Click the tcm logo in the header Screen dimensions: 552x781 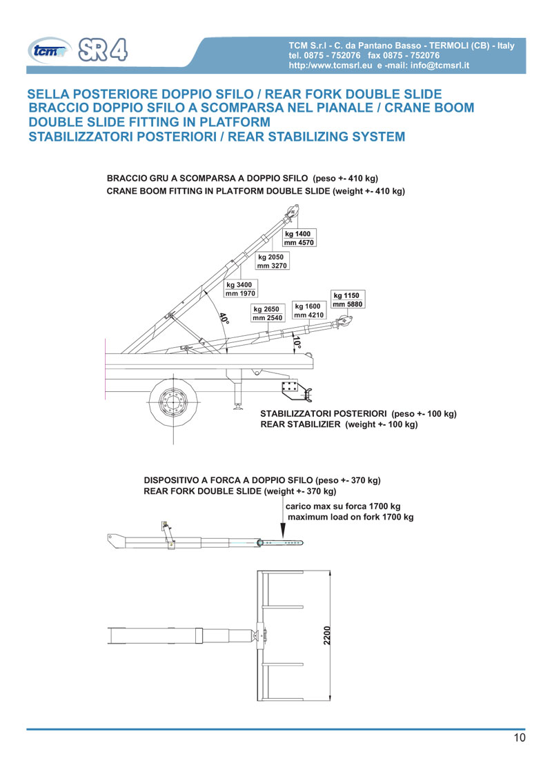[x=48, y=51]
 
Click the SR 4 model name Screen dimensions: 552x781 [x=103, y=50]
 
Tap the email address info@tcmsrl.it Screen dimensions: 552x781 [x=440, y=66]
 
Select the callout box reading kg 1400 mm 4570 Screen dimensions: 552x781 [x=299, y=237]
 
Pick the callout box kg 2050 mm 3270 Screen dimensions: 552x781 [x=272, y=261]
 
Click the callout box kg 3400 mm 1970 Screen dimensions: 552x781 [x=241, y=289]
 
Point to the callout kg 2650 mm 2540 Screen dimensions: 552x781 [x=268, y=313]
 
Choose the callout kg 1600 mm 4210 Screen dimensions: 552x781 [x=309, y=310]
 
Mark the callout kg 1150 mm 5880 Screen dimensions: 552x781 [x=348, y=299]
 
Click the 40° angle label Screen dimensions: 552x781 [x=224, y=318]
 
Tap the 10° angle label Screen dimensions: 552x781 [x=297, y=343]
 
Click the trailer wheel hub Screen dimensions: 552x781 [x=173, y=402]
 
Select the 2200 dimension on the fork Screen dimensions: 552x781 [x=327, y=635]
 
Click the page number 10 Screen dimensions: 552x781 [x=519, y=738]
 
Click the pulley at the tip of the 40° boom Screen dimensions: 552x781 [x=293, y=211]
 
